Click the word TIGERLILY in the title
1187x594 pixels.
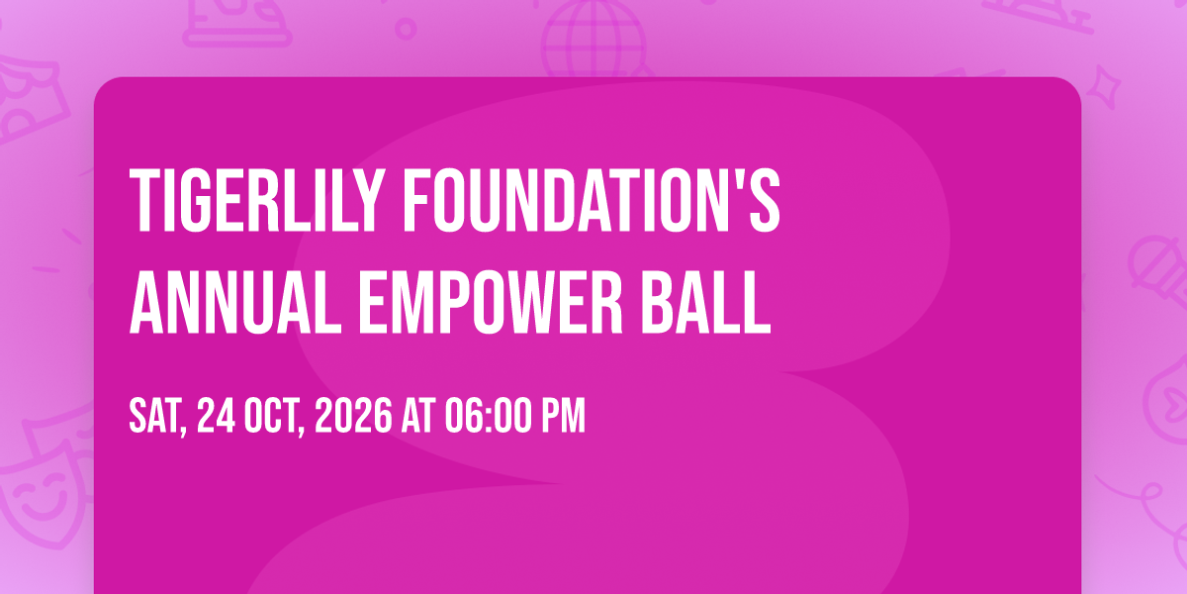[256, 200]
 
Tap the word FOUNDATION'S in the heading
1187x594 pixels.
[592, 200]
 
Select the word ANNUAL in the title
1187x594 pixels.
[235, 303]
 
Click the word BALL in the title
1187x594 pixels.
[706, 303]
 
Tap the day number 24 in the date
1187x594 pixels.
[216, 416]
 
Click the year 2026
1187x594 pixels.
[353, 416]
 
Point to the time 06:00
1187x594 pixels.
[488, 416]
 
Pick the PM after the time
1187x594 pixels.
[563, 416]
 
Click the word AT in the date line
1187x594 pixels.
[418, 416]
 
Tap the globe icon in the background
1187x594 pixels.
[593, 39]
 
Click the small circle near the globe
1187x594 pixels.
[406, 29]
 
